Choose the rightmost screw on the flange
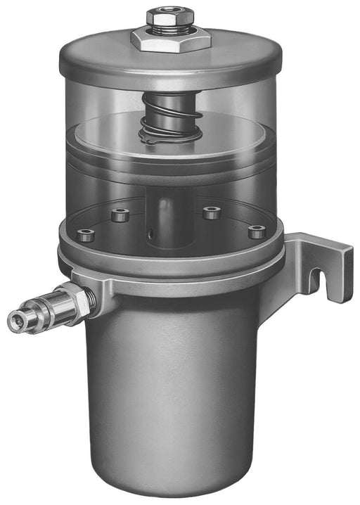coord(257,231)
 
